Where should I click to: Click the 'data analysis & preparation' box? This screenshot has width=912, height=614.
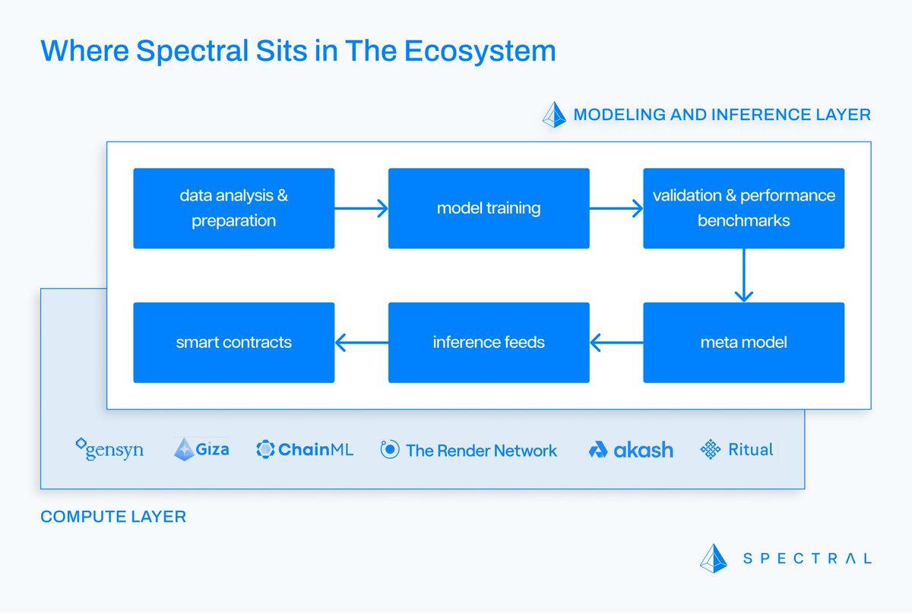coord(233,208)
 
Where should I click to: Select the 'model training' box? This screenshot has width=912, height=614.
coord(488,208)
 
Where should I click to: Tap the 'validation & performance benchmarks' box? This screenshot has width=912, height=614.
coord(743,208)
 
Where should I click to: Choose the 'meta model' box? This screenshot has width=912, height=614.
coord(743,342)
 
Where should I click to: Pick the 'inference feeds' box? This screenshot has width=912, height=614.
coord(488,342)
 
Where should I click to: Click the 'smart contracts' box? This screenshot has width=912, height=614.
coord(233,342)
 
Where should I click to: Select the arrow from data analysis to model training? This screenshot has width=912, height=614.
coord(361,208)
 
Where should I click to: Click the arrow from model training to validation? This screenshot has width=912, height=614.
coord(616,208)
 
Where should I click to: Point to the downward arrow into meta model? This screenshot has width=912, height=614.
coord(743,275)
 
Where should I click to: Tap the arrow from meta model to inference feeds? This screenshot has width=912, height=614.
coord(616,343)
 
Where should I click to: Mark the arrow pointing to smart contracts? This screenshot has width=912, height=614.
coord(361,343)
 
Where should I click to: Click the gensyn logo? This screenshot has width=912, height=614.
coord(109,450)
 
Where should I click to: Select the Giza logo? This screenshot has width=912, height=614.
coord(201,449)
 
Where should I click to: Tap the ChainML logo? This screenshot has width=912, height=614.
coord(305,450)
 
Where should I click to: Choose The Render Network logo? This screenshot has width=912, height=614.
coord(469,450)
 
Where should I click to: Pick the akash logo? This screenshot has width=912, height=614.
coord(631,450)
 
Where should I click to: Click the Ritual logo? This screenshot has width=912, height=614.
coord(736,449)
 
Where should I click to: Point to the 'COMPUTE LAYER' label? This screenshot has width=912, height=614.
coord(113,517)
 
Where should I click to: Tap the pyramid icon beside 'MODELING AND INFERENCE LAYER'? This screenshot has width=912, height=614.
coord(554,115)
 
